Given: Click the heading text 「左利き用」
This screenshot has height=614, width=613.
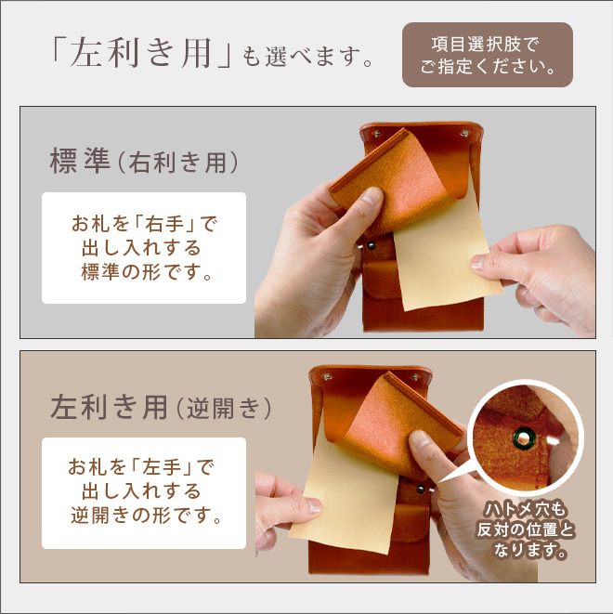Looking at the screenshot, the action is pos(142,53).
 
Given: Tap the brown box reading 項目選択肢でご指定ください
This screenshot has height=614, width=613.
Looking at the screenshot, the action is pos(488,55).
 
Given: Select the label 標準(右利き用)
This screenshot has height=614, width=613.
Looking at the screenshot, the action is pos(144,162).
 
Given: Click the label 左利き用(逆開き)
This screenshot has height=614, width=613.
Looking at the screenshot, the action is pos(161,408).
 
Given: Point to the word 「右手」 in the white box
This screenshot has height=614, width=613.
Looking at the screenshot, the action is pos(164,225).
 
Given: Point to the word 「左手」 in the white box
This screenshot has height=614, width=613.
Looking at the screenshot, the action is pos(163,467).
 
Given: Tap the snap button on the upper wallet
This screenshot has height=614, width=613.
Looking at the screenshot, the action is pos(371,246).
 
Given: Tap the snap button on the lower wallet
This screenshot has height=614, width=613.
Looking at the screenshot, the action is pos(421,489).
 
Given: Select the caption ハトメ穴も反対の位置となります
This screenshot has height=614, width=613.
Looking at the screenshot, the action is pos(526,529).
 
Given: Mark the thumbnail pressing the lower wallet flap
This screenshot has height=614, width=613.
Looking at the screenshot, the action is pos(419,439).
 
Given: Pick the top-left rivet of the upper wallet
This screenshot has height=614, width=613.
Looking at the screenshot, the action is pos(377,135).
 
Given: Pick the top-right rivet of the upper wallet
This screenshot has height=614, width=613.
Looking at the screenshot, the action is pos(464,134).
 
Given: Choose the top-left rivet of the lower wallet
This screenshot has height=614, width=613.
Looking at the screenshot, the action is pos(327,377).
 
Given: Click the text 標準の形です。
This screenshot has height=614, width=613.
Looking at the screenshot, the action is pos(147,272).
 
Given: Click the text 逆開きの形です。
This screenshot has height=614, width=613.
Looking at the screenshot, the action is pos(147,516).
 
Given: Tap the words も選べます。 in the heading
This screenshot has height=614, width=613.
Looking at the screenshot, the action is pos(307,58).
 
